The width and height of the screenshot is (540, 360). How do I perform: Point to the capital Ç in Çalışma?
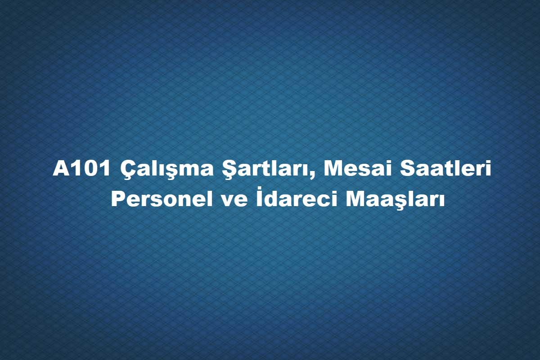click(x=128, y=171)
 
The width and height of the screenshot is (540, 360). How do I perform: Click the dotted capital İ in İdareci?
click(x=259, y=197)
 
